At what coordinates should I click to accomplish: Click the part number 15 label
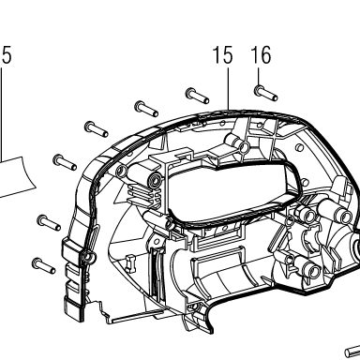click(223, 55)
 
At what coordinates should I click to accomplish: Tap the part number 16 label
click(261, 55)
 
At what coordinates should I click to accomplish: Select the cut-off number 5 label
click(6, 55)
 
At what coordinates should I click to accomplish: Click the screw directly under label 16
click(265, 93)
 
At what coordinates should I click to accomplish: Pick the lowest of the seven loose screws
click(43, 265)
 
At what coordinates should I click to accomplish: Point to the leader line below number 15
click(229, 88)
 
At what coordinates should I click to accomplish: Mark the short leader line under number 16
click(259, 77)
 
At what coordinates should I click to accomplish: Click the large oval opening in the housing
click(232, 190)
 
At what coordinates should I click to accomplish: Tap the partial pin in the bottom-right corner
click(352, 352)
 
